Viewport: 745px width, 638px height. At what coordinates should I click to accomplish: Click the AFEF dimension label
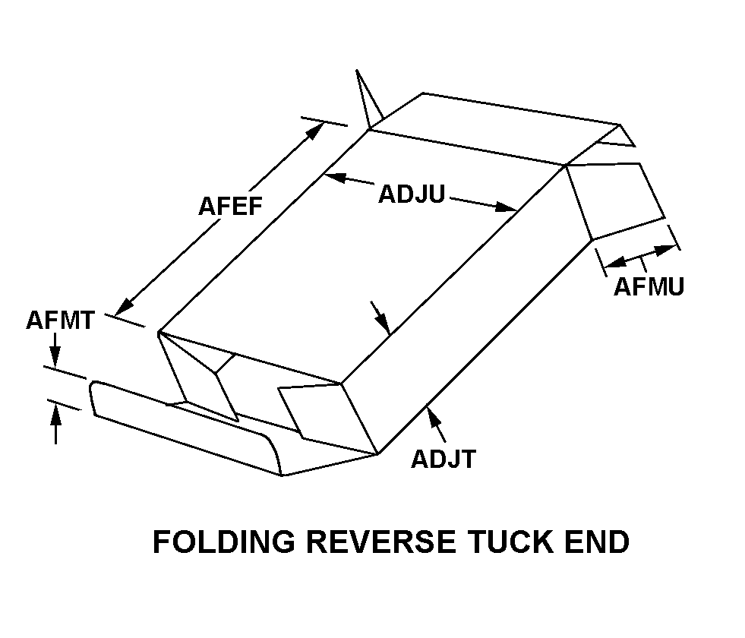231,207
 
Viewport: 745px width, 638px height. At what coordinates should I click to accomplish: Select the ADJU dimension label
411,194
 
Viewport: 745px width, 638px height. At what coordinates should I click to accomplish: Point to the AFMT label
60,320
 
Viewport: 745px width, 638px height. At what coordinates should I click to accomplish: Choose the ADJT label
444,459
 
